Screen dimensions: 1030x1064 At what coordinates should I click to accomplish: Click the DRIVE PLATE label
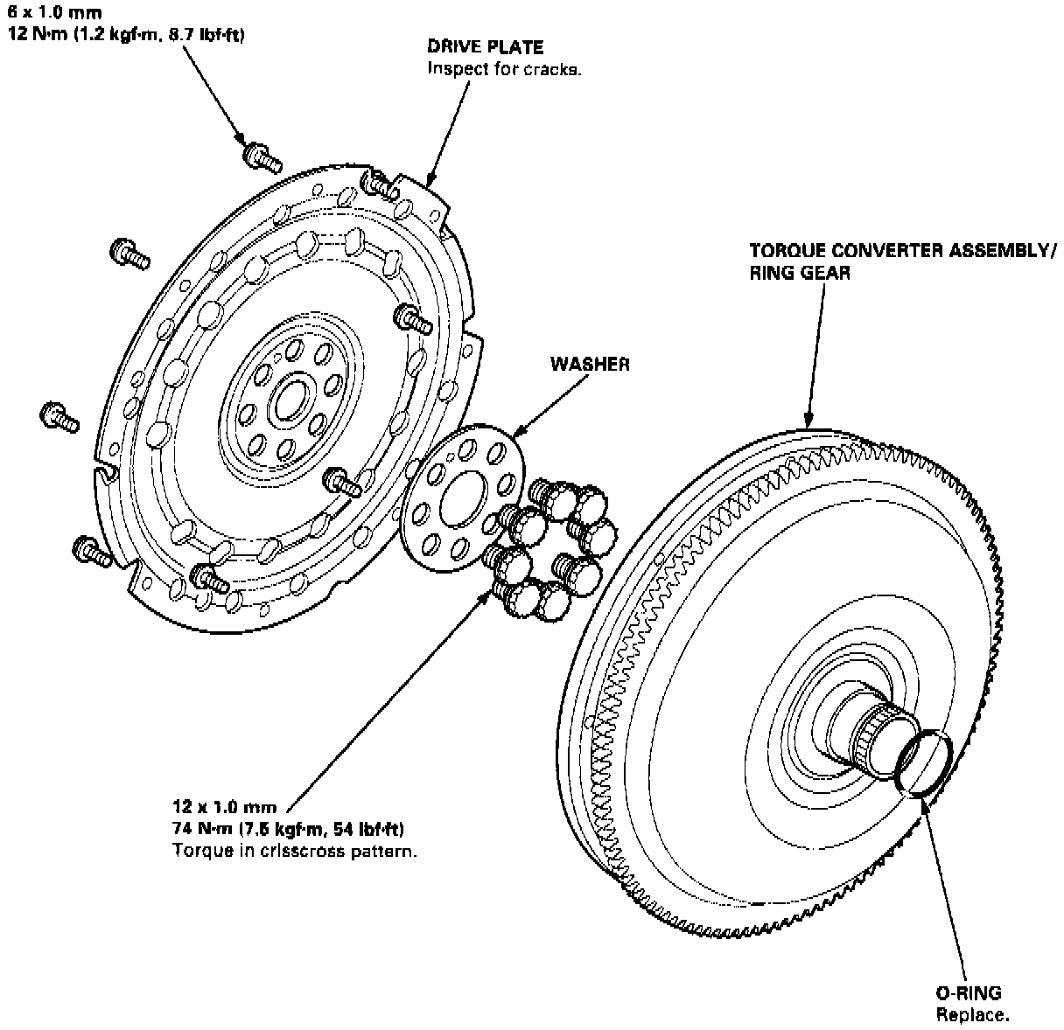pos(484,47)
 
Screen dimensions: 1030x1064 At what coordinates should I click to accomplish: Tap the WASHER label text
pos(589,364)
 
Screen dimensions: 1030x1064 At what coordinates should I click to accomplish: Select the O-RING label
pos(968,992)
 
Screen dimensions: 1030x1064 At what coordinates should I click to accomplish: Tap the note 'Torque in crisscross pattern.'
pos(294,850)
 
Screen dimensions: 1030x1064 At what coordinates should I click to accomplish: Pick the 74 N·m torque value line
pos(292,828)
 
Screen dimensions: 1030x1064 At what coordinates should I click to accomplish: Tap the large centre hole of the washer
pos(460,500)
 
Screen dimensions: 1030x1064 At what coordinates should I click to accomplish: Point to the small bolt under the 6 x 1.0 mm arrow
pos(260,157)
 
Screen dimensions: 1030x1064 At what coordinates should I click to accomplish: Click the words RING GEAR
pos(800,272)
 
